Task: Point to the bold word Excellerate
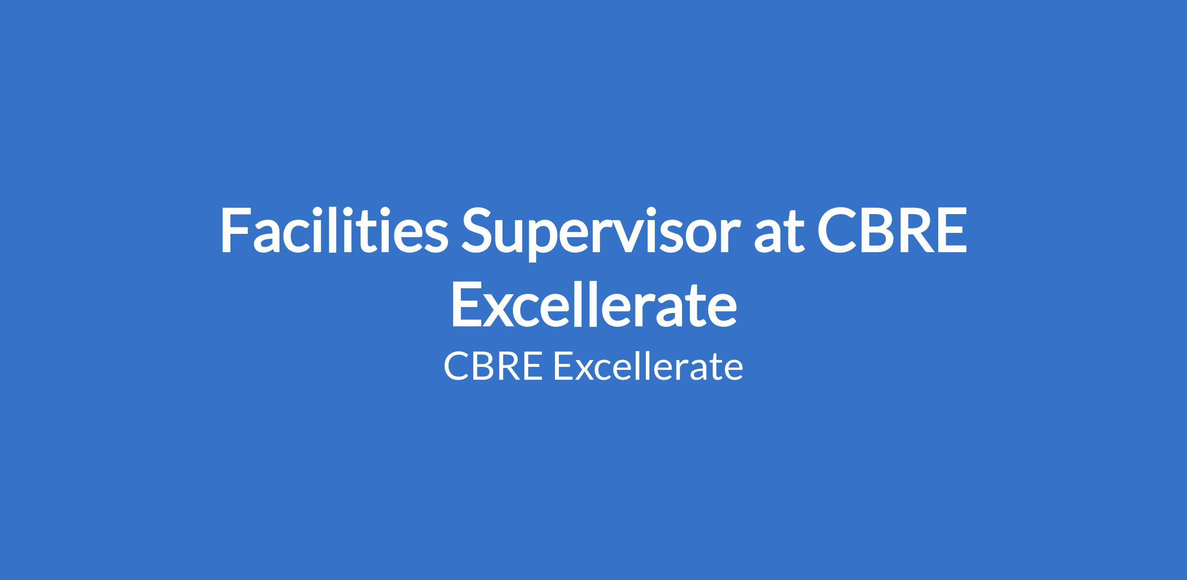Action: point(593,304)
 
